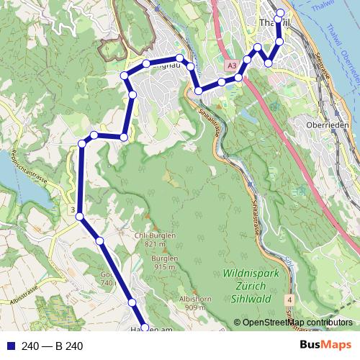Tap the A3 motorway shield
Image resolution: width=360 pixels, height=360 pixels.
point(231,66)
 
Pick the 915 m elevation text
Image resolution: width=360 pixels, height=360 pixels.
point(165,267)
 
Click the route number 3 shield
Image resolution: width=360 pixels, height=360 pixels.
point(73,210)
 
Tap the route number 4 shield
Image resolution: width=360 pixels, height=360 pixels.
point(288,298)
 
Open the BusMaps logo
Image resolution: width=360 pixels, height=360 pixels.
point(325,346)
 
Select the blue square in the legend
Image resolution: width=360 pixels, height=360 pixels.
point(9,346)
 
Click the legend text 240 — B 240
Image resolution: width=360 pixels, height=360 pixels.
point(53,346)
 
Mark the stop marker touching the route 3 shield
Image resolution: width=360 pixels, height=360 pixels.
point(80,216)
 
